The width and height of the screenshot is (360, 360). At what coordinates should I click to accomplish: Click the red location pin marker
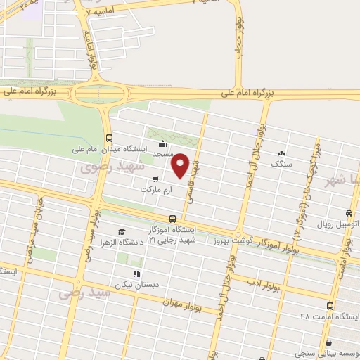pyautogui.click(x=181, y=165)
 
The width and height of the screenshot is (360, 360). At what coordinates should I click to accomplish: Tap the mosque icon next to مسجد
pyautogui.click(x=162, y=145)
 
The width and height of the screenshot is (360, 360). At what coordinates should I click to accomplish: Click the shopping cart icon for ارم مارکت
pyautogui.click(x=155, y=179)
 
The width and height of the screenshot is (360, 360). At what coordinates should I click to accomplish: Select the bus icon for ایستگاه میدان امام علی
pyautogui.click(x=109, y=139)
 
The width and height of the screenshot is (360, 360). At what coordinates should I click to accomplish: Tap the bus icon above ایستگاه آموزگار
pyautogui.click(x=173, y=219)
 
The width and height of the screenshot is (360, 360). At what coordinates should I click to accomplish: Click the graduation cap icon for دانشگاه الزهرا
pyautogui.click(x=122, y=231)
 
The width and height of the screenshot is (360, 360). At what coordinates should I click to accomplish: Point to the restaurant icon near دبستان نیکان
pyautogui.click(x=136, y=273)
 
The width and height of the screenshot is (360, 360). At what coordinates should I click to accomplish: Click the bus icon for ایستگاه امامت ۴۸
pyautogui.click(x=330, y=306)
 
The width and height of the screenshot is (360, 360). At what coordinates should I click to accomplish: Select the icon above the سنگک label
pyautogui.click(x=281, y=153)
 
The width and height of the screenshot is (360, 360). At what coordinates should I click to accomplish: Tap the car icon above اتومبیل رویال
pyautogui.click(x=350, y=213)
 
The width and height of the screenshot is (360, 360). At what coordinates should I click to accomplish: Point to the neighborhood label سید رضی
pyautogui.click(x=84, y=291)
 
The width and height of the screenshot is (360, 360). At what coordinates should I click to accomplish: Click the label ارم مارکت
pyautogui.click(x=155, y=190)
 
